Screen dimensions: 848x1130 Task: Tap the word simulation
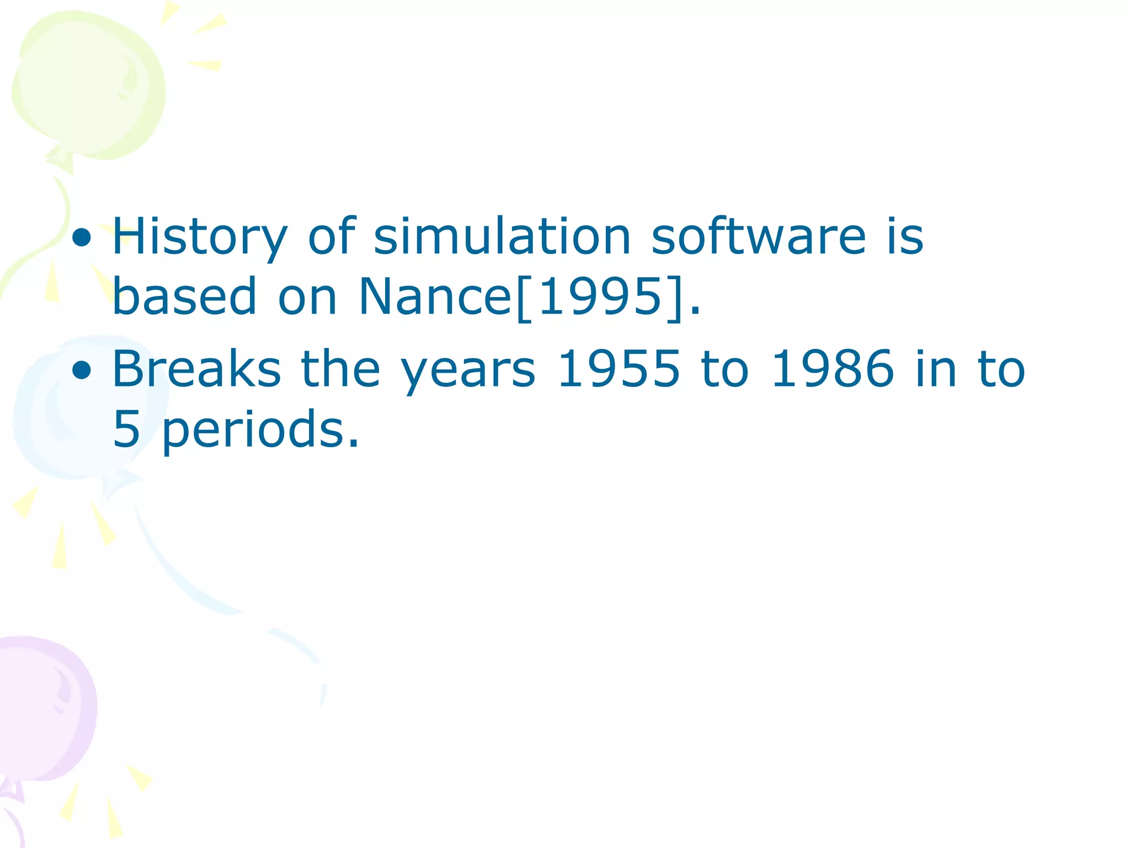tap(502, 236)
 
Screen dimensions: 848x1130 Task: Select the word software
tap(759, 236)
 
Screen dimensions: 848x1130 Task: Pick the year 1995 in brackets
tap(600, 296)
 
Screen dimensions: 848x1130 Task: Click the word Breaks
tap(196, 369)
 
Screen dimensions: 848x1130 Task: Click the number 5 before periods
tap(126, 429)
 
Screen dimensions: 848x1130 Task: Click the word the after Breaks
tap(340, 369)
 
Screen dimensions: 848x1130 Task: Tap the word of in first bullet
tap(331, 236)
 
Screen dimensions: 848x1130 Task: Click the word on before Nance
tap(307, 298)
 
